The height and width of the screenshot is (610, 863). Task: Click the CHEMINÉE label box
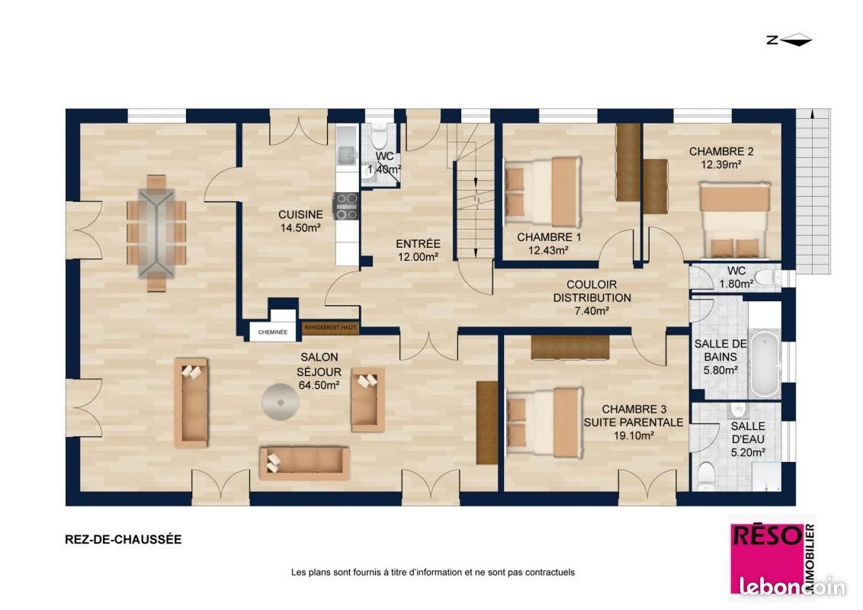[272, 332]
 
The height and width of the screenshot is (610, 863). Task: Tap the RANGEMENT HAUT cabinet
[330, 328]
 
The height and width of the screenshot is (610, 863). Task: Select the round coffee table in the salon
[279, 401]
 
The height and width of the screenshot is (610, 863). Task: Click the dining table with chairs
[156, 233]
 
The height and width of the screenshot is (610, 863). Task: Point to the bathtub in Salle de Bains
[765, 364]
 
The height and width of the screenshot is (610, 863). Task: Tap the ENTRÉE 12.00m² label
[418, 251]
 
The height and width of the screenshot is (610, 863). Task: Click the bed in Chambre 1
[541, 193]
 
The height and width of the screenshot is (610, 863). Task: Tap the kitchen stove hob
[347, 206]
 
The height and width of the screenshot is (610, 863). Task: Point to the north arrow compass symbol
[790, 41]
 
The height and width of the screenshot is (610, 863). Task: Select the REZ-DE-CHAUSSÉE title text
[124, 539]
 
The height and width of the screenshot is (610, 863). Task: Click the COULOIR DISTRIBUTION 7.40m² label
[592, 297]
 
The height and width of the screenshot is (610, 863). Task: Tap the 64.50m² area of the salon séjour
[319, 386]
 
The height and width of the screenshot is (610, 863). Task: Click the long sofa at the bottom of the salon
[305, 463]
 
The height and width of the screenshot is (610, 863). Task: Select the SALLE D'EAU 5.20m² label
[747, 439]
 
